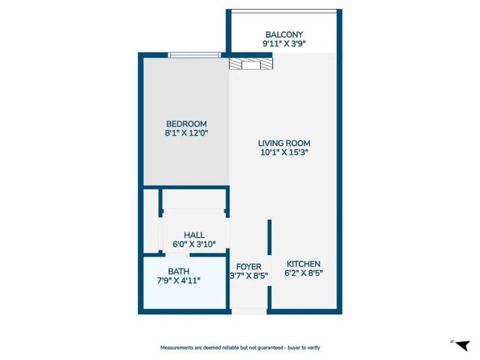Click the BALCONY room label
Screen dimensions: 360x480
[x=283, y=34]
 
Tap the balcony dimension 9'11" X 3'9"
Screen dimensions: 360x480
[x=283, y=44]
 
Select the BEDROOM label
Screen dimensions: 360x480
[x=186, y=124]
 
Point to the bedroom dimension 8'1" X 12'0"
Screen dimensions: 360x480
[x=186, y=133]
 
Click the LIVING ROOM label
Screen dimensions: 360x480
[x=283, y=143]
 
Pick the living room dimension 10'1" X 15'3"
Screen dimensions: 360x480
[x=283, y=152]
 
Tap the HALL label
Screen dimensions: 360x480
[x=194, y=235]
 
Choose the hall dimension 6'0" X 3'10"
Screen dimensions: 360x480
[x=194, y=244]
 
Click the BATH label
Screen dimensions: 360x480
[x=178, y=271]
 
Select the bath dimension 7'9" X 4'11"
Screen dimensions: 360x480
[x=178, y=281]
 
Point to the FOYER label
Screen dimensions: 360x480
[x=248, y=266]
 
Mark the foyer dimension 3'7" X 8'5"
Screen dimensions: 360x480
[x=248, y=276]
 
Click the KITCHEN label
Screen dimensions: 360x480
[x=303, y=264]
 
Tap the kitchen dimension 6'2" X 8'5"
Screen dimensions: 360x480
[x=303, y=274]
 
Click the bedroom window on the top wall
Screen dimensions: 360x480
[x=193, y=55]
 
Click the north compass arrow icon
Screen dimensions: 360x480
[x=460, y=344]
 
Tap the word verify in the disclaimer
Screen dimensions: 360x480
[x=311, y=347]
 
